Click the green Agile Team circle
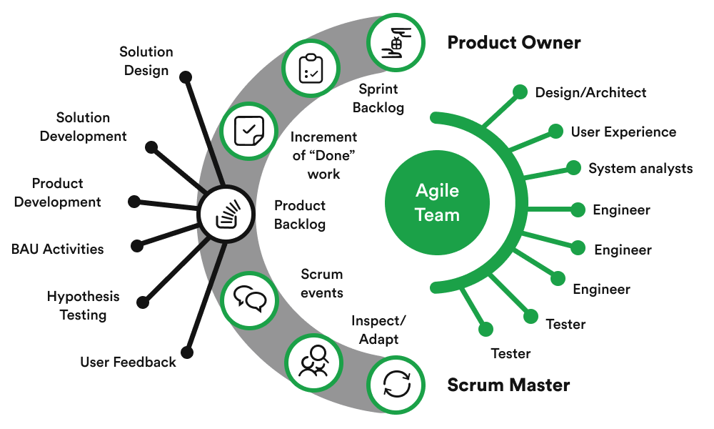point(438,202)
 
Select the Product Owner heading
point(513,43)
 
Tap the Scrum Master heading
point(508,385)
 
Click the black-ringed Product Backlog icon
point(226,213)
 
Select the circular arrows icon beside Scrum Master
point(397,384)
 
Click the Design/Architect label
point(590,92)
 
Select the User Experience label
point(623,132)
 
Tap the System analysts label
point(640,169)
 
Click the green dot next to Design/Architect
point(519,92)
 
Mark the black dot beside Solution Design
point(185,76)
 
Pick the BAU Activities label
point(57,250)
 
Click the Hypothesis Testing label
point(83,305)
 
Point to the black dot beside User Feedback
point(187,352)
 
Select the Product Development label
point(57,193)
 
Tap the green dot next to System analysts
point(573,167)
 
